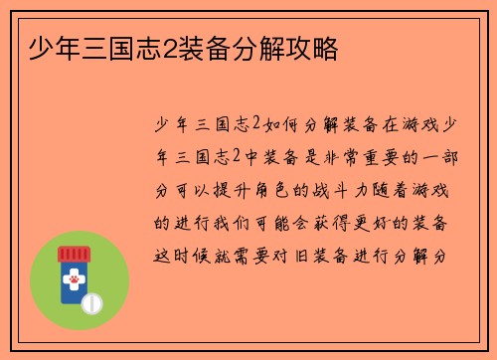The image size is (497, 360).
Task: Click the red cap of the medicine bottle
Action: (74, 254)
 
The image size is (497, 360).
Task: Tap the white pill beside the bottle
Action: (92, 300)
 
